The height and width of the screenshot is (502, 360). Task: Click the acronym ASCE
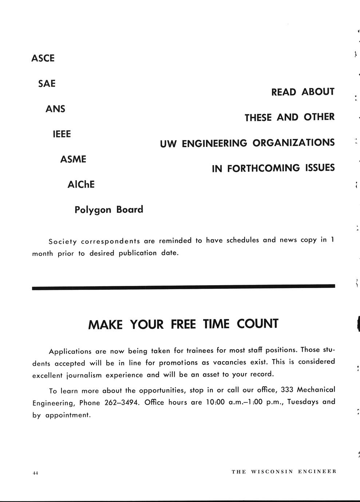coord(43,58)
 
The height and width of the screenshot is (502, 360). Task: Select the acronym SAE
coord(47,84)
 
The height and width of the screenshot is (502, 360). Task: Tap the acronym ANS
coord(55,109)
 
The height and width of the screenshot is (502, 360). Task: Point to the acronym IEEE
coord(62,134)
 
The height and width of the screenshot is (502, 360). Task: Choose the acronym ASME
coord(73,159)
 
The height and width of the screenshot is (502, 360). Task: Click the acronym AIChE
coord(81,184)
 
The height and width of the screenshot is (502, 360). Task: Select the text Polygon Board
coord(109,210)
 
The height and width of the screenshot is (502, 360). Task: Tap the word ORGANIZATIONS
coord(293,143)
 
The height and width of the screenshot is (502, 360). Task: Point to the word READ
coord(284,92)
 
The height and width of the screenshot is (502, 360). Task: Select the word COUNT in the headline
coord(257,323)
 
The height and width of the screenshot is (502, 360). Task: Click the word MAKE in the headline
coord(105,324)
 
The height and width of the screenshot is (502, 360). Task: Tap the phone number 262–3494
coord(122,403)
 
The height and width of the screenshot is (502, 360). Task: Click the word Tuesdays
coord(303,402)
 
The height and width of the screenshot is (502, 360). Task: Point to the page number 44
coord(35,473)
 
